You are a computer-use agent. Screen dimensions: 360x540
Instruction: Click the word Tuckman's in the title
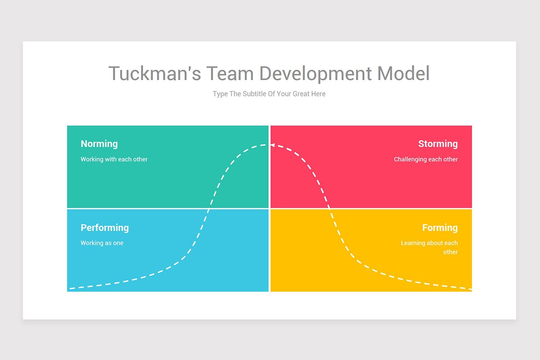[x=155, y=74]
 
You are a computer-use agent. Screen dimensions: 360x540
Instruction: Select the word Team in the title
[x=229, y=74]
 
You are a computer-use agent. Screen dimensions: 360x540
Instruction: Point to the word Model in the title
[x=404, y=74]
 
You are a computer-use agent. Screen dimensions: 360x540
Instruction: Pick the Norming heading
[x=99, y=144]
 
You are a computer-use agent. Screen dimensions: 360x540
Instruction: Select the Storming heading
[x=438, y=144]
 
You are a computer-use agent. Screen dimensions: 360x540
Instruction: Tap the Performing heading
[x=104, y=228]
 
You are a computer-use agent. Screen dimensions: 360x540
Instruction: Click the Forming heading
[x=440, y=228]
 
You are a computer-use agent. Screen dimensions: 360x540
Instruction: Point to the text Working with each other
[x=114, y=159]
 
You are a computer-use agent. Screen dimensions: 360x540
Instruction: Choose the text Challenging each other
[x=426, y=159]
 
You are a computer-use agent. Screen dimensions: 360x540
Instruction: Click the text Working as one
[x=102, y=243]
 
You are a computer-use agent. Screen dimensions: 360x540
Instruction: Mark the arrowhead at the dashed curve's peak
[x=273, y=145]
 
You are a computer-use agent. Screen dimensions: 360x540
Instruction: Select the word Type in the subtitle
[x=220, y=94]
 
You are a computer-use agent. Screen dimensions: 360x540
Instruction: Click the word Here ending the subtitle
[x=318, y=94]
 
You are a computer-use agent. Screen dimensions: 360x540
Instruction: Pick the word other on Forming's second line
[x=450, y=252]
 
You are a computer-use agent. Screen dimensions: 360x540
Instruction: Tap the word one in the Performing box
[x=118, y=243]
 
